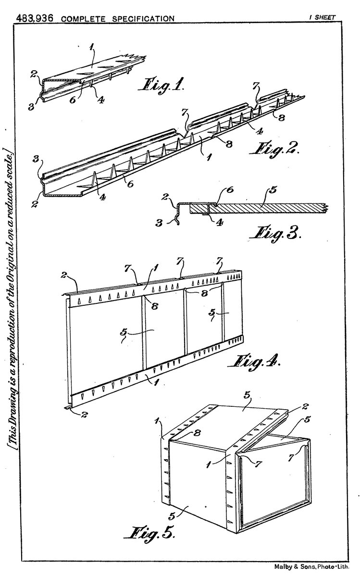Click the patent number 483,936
coord(35,18)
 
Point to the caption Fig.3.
coord(275,233)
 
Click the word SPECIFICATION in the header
coord(143,19)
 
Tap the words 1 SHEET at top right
coord(323,17)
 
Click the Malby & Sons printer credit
coord(311,566)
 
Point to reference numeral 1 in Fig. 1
coord(91,48)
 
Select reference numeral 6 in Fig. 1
coord(73,100)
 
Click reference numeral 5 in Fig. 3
coord(273,190)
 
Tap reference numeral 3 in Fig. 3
coord(159,223)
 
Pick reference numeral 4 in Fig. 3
coord(219,222)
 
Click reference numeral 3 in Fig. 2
coord(36,159)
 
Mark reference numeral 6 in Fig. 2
coord(131,184)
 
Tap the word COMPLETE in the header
coord(83,19)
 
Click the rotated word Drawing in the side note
coord(12,405)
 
